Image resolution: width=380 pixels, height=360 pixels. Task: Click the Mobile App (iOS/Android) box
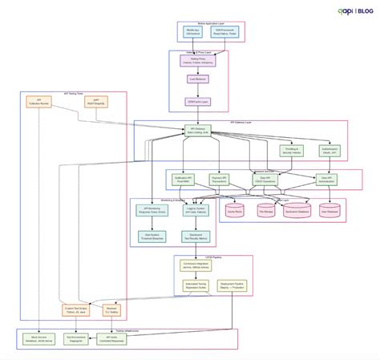192,33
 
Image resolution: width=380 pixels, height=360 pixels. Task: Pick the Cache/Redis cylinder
235,210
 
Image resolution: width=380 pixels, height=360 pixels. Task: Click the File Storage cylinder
265,210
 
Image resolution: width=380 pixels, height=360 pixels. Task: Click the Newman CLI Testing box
112,309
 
